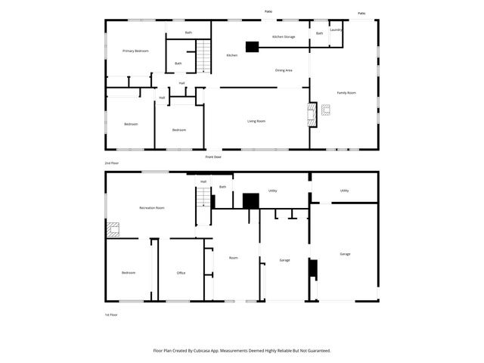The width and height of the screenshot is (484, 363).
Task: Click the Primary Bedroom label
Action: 135,51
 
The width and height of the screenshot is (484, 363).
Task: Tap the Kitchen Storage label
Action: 284,36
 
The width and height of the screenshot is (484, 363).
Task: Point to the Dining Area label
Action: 284,70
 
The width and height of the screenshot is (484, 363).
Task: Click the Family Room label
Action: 346,93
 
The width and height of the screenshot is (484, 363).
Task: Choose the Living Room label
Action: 256,120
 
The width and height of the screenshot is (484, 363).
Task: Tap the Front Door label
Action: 213,157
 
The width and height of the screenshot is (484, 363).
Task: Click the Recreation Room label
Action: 152,207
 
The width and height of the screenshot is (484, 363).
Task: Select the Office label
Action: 181,273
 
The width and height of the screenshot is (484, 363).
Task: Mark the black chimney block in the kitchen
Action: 250,45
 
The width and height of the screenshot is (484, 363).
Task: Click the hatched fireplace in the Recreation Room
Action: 113,228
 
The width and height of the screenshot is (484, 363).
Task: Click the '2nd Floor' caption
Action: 112,163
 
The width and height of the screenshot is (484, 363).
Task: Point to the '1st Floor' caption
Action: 112,314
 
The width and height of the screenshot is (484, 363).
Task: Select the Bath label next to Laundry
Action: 319,33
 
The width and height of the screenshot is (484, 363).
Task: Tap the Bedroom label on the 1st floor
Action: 128,273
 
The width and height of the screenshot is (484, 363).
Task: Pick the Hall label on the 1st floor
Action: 203,181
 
